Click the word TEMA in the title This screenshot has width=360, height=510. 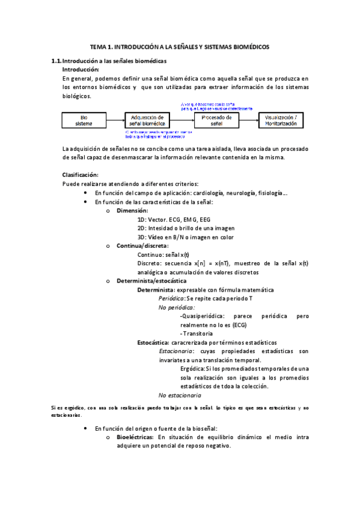click(x=97, y=46)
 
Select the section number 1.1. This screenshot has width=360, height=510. click(x=56, y=61)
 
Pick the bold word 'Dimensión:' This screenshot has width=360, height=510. click(x=132, y=210)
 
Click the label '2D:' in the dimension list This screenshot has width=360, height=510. click(x=142, y=228)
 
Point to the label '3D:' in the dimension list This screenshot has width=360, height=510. click(x=142, y=237)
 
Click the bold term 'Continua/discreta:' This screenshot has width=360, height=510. click(x=142, y=246)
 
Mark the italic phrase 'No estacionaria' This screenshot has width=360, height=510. click(x=180, y=395)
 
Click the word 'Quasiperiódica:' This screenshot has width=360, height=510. click(x=203, y=316)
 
